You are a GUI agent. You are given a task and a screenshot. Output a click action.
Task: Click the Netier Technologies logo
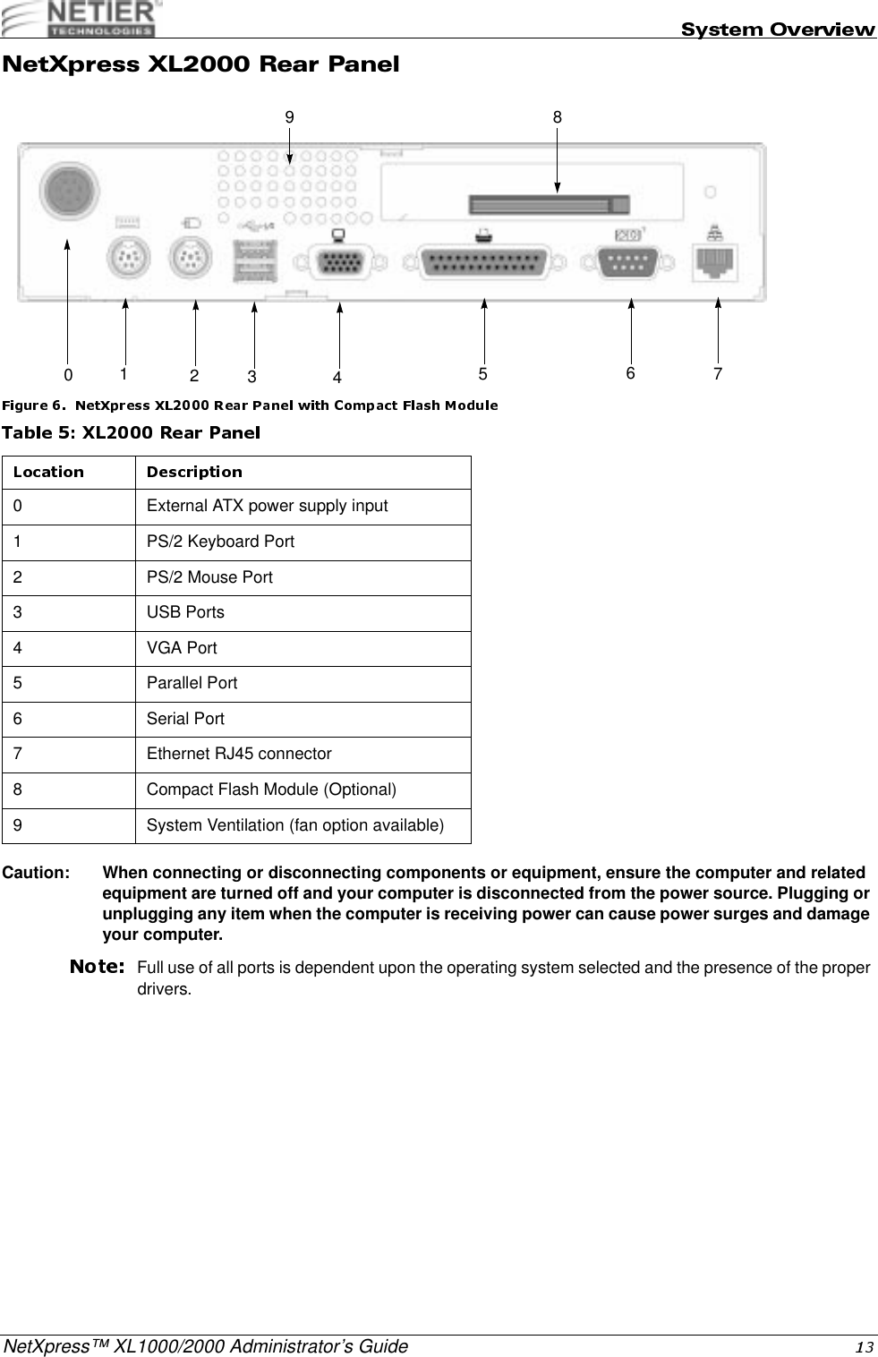click(x=80, y=19)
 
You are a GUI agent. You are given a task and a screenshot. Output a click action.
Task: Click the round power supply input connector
click(x=69, y=192)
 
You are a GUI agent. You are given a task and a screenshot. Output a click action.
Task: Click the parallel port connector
click(x=483, y=263)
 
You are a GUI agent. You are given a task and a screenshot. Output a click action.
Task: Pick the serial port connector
click(x=630, y=263)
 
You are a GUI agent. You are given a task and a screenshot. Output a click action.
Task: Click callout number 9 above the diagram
click(x=289, y=116)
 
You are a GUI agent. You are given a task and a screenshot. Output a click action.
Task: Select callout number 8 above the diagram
click(x=558, y=116)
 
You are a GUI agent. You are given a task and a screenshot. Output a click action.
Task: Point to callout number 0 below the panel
click(x=68, y=373)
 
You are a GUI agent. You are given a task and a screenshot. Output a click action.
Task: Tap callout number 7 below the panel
click(x=718, y=371)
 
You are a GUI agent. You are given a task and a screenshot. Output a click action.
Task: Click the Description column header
click(x=194, y=472)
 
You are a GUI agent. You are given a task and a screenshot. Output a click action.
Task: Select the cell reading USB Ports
click(x=186, y=612)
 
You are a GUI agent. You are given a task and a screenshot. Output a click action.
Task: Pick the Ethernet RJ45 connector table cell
click(x=239, y=754)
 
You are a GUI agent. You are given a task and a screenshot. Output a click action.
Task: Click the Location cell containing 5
click(x=19, y=683)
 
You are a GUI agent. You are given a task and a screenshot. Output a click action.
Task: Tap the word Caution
click(x=37, y=873)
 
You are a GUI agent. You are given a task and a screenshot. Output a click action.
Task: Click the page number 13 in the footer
click(x=867, y=1347)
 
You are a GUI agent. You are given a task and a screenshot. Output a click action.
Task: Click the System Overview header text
click(x=778, y=30)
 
